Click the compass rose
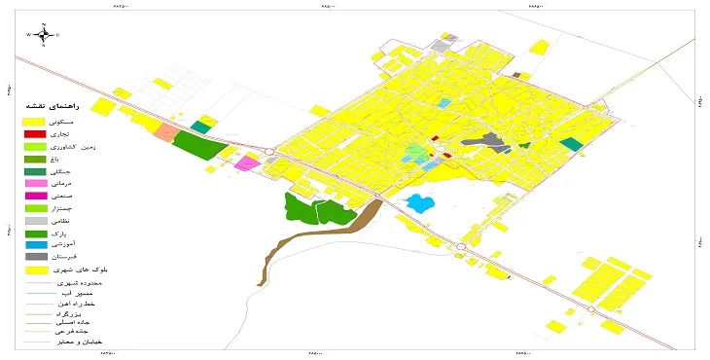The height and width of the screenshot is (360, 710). (x=44, y=34)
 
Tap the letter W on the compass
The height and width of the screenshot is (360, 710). (x=29, y=35)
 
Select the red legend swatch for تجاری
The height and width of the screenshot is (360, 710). (x=35, y=133)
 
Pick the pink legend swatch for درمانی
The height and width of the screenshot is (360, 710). (x=35, y=183)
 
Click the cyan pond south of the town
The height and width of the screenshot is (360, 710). (x=418, y=203)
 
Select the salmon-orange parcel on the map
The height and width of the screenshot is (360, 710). (x=166, y=133)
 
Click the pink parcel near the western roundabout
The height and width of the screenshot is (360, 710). (x=247, y=162)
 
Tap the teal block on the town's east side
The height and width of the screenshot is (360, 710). (x=572, y=145)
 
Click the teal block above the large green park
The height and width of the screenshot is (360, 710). (x=201, y=126)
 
